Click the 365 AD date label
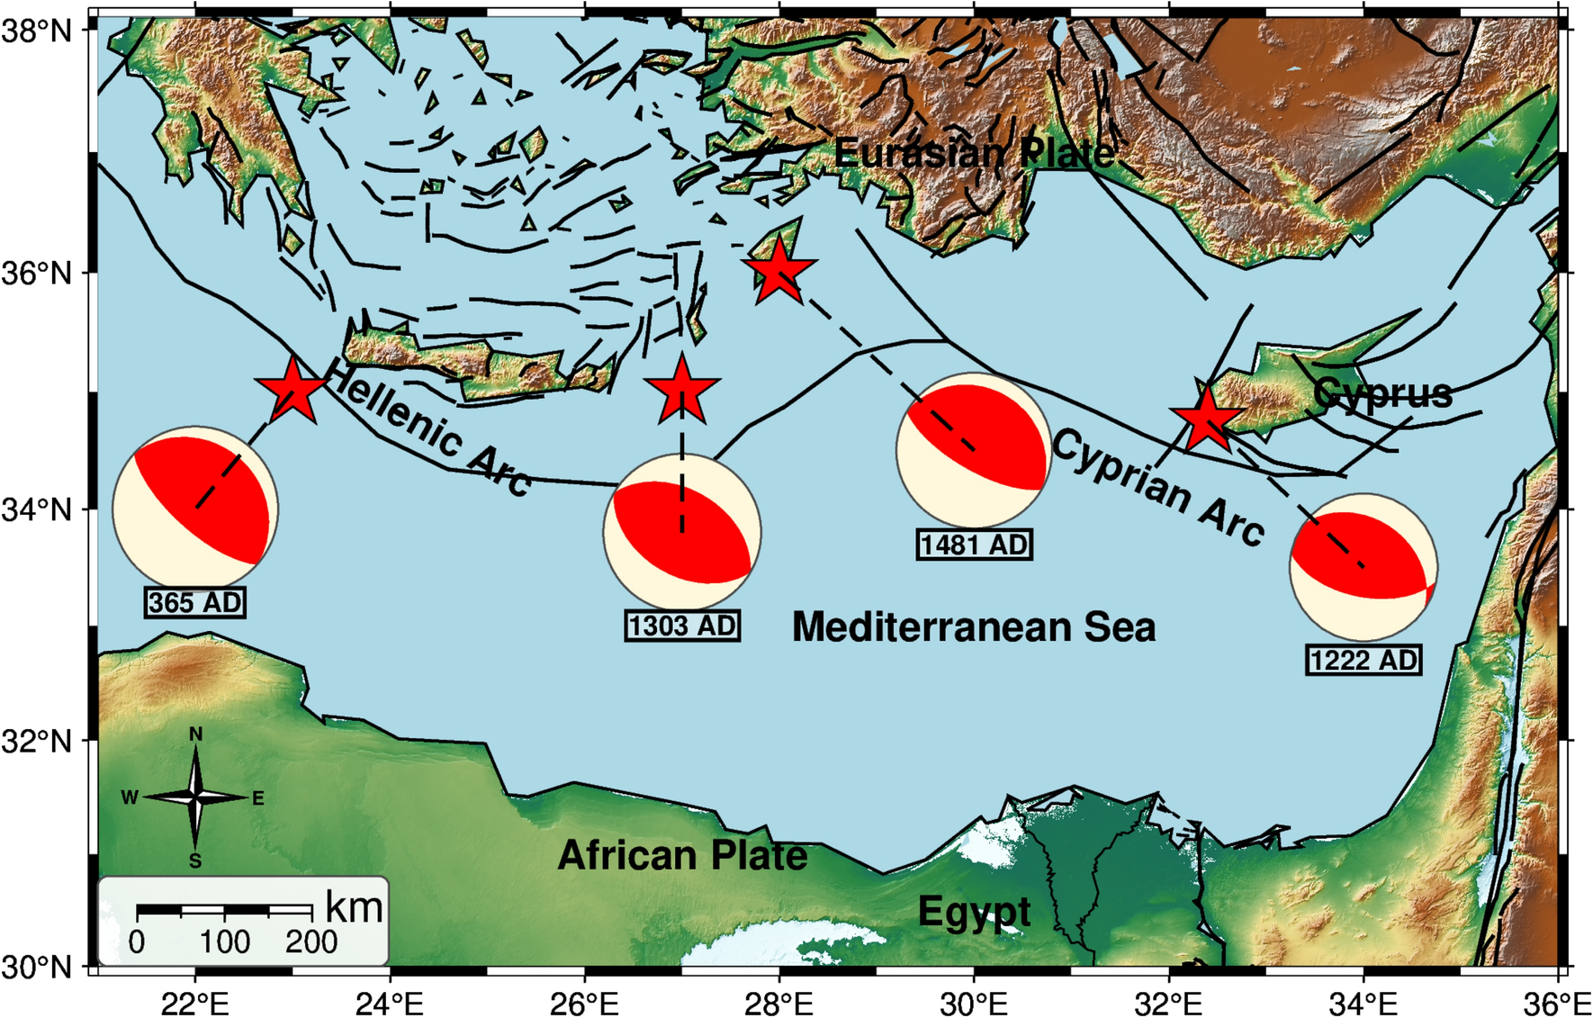(195, 602)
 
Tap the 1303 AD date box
(682, 626)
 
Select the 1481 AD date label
(974, 545)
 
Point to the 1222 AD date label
(1363, 661)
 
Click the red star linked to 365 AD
(292, 390)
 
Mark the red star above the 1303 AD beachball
(682, 391)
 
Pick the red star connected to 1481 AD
(779, 269)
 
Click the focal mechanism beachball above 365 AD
(195, 508)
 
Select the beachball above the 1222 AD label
(1363, 566)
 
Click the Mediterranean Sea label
(974, 627)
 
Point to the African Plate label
(682, 855)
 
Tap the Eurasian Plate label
(974, 153)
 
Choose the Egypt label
(974, 912)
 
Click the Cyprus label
(1382, 393)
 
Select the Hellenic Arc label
(427, 427)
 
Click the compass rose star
(195, 797)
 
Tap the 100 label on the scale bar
(224, 942)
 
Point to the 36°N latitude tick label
(36, 272)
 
